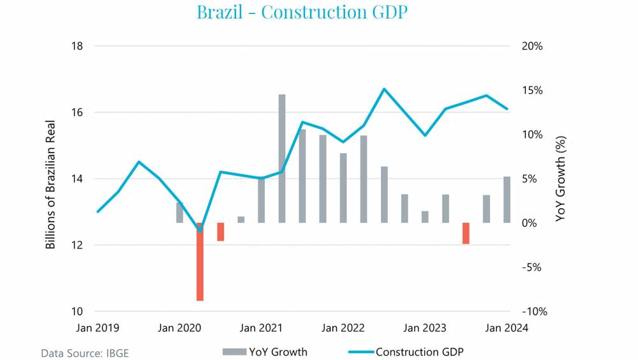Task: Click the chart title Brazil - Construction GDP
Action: click(302, 12)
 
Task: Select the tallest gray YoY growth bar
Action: click(282, 158)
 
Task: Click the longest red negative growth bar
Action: click(200, 262)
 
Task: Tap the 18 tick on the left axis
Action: click(77, 47)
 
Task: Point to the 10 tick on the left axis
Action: click(77, 311)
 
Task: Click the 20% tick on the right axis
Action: click(531, 47)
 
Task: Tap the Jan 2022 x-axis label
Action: click(343, 328)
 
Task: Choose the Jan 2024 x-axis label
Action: click(507, 328)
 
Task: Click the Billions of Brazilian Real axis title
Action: click(51, 185)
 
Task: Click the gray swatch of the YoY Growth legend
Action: click(234, 352)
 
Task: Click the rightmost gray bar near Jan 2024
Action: click(507, 200)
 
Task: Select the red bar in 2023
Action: click(466, 233)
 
